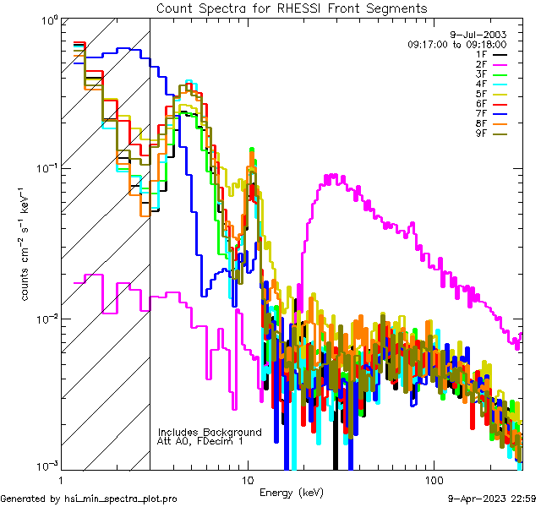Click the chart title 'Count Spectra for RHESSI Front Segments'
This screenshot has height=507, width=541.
pyautogui.click(x=292, y=8)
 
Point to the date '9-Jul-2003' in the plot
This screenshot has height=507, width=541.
pyautogui.click(x=483, y=35)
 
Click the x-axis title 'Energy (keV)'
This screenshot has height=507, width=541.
pyautogui.click(x=292, y=492)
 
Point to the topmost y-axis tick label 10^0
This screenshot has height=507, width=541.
pyautogui.click(x=47, y=19)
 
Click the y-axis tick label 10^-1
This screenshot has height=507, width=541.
pyautogui.click(x=46, y=167)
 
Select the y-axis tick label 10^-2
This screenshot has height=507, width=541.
pyautogui.click(x=46, y=317)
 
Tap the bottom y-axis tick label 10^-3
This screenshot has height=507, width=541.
pyautogui.click(x=46, y=466)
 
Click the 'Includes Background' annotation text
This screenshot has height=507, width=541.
pyautogui.click(x=210, y=432)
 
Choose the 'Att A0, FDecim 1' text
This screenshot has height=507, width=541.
pyautogui.click(x=201, y=441)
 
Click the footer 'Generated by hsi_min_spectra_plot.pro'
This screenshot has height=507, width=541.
pyautogui.click(x=89, y=499)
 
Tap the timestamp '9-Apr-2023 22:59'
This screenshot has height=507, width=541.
pyautogui.click(x=492, y=499)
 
